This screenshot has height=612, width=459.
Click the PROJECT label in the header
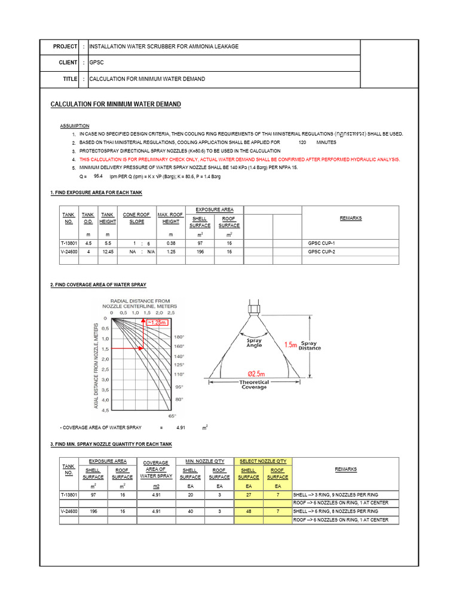pos(65,47)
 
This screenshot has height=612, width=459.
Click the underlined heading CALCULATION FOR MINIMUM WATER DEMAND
pos(115,105)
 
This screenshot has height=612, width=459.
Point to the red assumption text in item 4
pos(239,160)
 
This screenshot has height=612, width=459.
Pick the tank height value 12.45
pos(108,252)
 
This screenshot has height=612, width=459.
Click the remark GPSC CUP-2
pos(322,252)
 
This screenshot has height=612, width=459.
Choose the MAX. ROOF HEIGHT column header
pos(171,218)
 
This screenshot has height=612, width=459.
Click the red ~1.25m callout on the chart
pos(158,323)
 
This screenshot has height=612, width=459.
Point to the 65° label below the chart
pos(172,415)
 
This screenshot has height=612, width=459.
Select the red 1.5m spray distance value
pos(291,345)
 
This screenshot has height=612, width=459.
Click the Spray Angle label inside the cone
pos(254,343)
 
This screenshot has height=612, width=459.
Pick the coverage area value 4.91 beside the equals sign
pos(181,428)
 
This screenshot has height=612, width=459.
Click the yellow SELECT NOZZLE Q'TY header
pos(263,461)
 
